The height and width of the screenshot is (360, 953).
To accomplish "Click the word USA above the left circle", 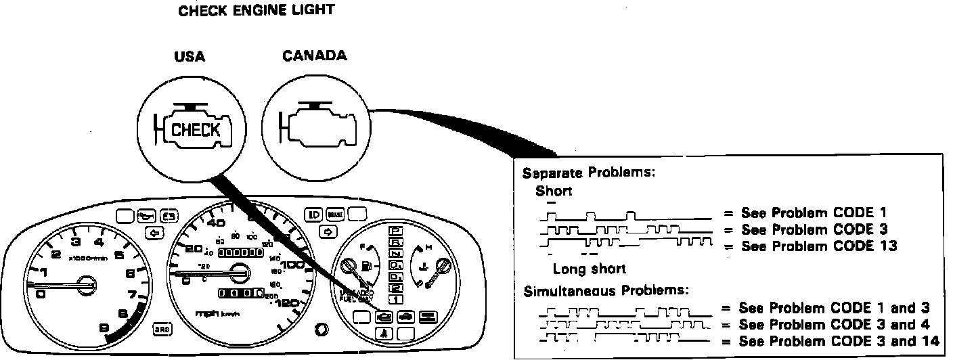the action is pyautogui.click(x=190, y=57).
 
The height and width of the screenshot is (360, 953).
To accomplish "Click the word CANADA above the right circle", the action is pyautogui.click(x=314, y=55).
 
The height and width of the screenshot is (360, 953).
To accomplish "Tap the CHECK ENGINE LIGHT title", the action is pyautogui.click(x=256, y=11).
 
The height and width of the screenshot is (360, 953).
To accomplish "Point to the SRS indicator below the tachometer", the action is pyautogui.click(x=162, y=328).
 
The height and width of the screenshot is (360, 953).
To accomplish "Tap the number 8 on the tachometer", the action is pyautogui.click(x=123, y=313).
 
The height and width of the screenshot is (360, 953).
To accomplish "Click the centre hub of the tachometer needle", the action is pyautogui.click(x=86, y=282).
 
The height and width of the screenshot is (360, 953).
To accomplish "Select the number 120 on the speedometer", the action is pyautogui.click(x=289, y=304).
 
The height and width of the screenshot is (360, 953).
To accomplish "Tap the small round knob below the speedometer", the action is pyautogui.click(x=322, y=330).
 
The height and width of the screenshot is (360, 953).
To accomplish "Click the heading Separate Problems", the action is pyautogui.click(x=588, y=173).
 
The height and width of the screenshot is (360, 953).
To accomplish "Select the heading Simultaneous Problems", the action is pyautogui.click(x=606, y=291).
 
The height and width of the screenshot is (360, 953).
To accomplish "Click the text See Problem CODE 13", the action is pyautogui.click(x=819, y=246).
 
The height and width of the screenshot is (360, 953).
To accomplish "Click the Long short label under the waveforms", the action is pyautogui.click(x=590, y=269).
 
